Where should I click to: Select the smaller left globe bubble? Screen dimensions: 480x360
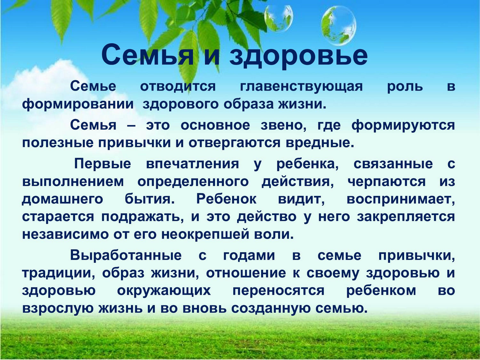pos(278,19)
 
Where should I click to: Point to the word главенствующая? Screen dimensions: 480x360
pos(301,86)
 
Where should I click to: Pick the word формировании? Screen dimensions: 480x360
pos(78,105)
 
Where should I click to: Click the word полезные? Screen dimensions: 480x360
pos(58,143)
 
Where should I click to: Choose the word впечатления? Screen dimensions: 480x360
pos(193,164)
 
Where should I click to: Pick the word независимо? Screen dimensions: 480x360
pos(65,235)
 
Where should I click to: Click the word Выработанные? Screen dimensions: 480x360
pos(126,255)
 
